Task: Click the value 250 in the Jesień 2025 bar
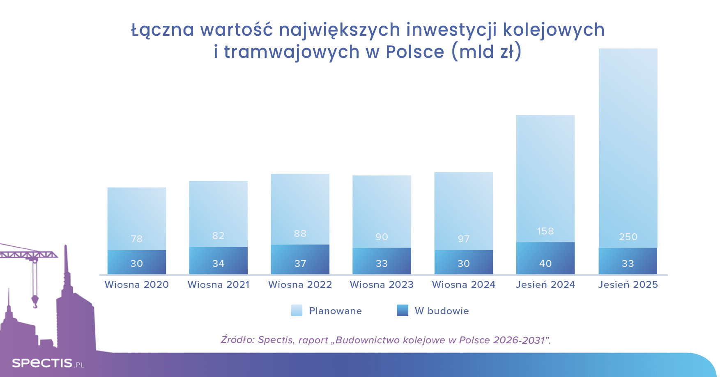628,237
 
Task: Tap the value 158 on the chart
545,231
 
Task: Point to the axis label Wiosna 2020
137,285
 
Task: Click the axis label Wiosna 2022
300,285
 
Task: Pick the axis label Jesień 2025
628,285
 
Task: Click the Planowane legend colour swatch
297,310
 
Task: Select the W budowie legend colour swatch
403,310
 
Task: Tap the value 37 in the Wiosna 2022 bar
300,264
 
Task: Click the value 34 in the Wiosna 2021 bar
218,264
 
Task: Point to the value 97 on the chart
464,239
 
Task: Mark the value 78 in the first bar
137,239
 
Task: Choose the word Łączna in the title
163,30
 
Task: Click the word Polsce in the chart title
415,52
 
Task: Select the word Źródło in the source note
237,340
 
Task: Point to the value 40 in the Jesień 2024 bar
545,264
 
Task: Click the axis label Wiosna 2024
464,285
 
